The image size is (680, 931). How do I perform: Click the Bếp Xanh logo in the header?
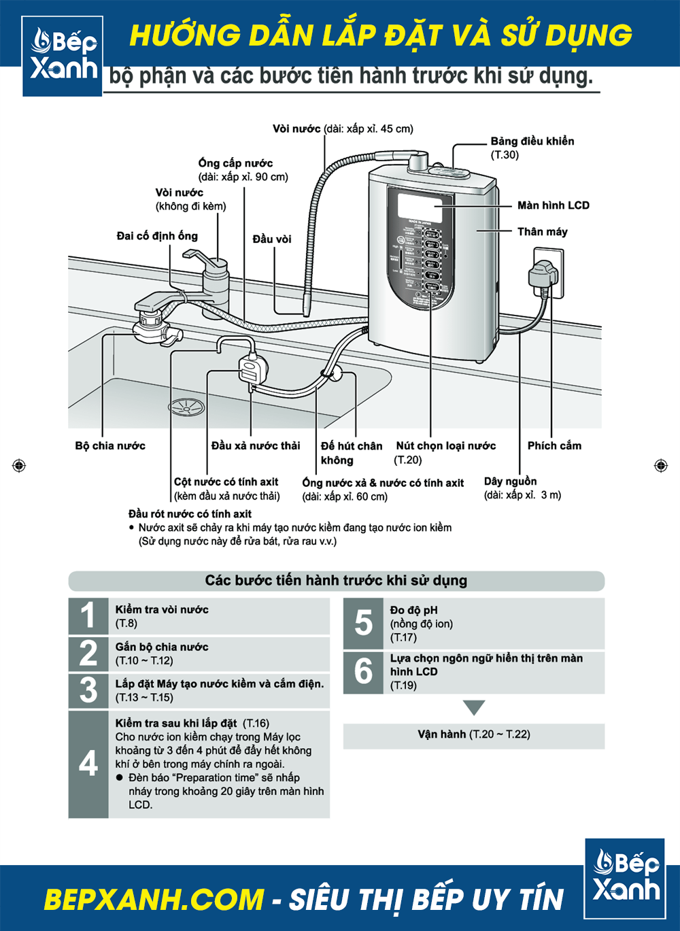63,56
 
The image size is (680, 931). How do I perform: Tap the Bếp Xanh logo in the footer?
625,879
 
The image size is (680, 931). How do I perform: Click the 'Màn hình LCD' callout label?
553,205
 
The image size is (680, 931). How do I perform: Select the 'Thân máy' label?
542,232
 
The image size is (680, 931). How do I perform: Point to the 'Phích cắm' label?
554,446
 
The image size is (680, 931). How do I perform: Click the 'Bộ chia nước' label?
110,446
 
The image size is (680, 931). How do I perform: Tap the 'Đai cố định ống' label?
157,236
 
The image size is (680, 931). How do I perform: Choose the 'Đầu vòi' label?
272,239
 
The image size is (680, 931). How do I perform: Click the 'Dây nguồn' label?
510,481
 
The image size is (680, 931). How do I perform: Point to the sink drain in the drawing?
186,407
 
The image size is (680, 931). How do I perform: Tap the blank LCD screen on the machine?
420,207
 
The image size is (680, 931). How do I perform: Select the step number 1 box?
88,616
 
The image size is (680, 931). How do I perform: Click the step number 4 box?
88,764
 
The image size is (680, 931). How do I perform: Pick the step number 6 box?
363,672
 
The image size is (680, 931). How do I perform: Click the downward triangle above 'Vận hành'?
474,707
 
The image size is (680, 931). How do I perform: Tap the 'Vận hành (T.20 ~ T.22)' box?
474,735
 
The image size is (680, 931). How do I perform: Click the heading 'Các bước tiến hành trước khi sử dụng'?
336,581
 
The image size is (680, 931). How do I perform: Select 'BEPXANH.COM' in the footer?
154,900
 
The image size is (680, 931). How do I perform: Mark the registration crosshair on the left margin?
19,465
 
